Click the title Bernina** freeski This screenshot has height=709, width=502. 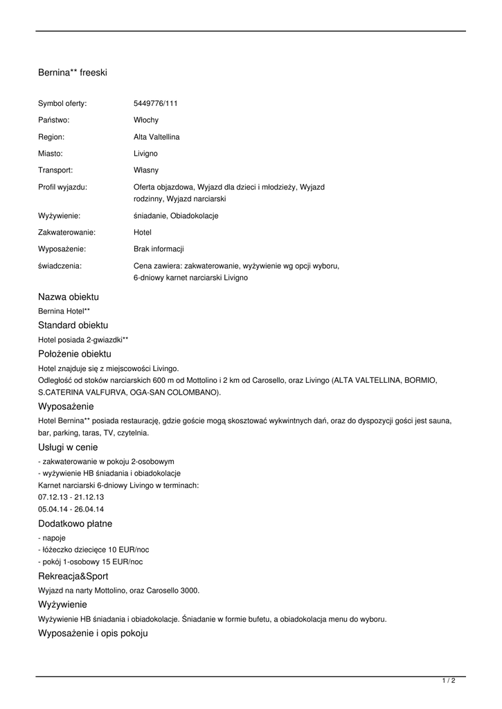click(72, 72)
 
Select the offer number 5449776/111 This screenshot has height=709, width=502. click(155, 104)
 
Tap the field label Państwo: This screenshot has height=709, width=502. click(54, 120)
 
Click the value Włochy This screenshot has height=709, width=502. click(145, 120)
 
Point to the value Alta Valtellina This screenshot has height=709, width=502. click(156, 137)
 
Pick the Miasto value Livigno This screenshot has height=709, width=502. click(145, 153)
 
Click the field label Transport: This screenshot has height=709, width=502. click(55, 170)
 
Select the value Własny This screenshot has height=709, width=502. click(145, 170)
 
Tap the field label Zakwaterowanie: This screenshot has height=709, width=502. click(66, 233)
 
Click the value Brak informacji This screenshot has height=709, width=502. click(159, 249)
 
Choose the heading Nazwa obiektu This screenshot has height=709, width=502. click(69, 297)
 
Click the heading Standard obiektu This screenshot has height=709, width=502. click(73, 325)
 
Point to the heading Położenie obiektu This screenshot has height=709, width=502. click(74, 354)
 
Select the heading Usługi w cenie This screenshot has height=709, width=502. click(68, 447)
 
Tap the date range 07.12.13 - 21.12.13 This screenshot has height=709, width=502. click(71, 497)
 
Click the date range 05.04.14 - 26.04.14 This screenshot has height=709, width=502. click(71, 509)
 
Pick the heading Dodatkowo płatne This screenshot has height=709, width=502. click(75, 524)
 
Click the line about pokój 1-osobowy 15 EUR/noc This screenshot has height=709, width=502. click(90, 562)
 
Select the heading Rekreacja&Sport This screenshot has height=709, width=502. click(73, 576)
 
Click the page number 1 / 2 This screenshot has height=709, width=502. click(449, 681)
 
